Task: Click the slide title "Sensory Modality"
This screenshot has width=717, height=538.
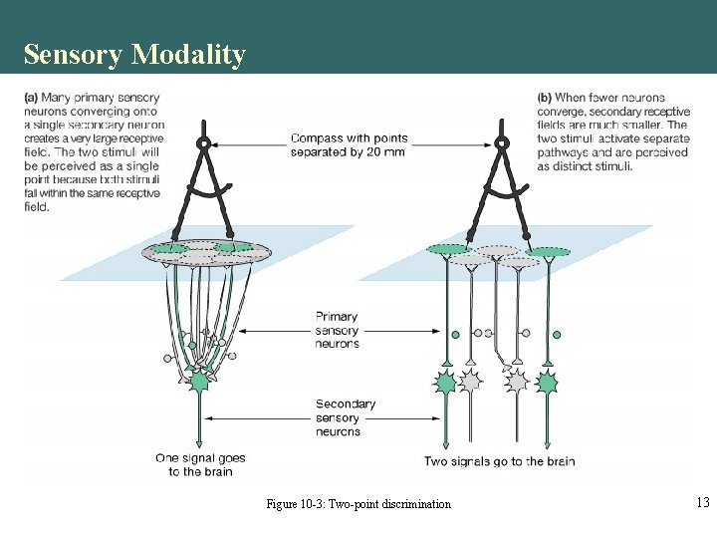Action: (134, 54)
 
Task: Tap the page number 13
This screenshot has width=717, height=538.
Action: (702, 503)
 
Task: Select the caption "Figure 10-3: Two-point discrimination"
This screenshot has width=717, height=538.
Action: (358, 504)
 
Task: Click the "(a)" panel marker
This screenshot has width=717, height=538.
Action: (30, 98)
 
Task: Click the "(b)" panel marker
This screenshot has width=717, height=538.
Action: (545, 98)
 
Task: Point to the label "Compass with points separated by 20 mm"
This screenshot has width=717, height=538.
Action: (349, 144)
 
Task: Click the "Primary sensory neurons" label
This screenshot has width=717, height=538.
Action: (337, 330)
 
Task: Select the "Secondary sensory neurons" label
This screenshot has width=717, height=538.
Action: (345, 417)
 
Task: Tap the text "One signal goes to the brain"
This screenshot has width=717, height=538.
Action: (200, 464)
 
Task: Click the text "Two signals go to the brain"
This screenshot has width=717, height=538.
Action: (499, 461)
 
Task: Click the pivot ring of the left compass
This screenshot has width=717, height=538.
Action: (203, 142)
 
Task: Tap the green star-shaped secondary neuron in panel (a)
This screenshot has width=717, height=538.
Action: (199, 381)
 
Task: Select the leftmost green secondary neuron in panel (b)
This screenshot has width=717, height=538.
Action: (446, 382)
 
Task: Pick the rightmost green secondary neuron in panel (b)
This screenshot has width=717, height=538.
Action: (547, 382)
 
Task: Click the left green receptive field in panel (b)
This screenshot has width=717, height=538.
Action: (446, 249)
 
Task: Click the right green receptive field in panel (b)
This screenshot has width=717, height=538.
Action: (549, 252)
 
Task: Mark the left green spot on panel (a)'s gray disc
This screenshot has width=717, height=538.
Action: (169, 247)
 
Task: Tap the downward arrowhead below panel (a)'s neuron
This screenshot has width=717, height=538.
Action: (199, 443)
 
